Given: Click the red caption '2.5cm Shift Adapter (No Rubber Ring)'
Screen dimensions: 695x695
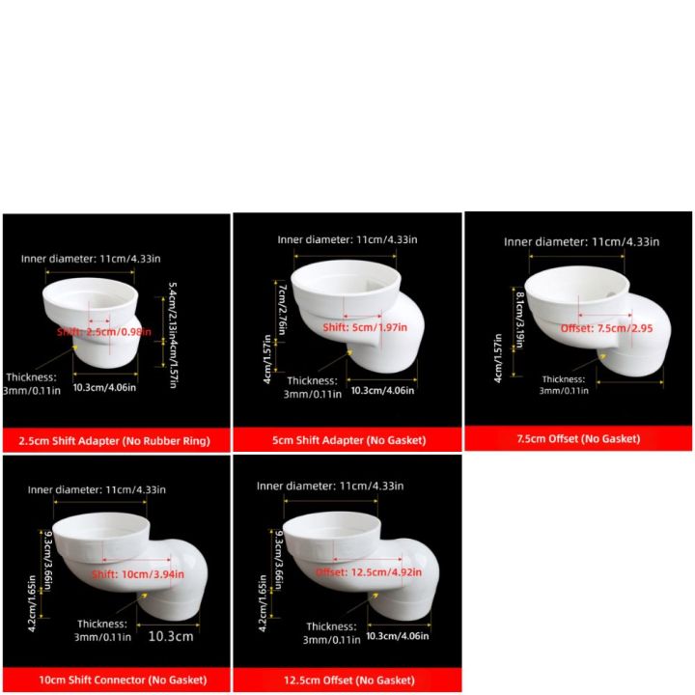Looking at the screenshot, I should [115, 440].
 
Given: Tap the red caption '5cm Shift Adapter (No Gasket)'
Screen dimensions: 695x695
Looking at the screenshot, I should [346, 440].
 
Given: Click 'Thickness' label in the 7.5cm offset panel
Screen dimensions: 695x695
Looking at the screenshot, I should [563, 379].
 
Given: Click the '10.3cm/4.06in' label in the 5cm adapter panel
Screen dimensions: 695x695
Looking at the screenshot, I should [382, 389].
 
